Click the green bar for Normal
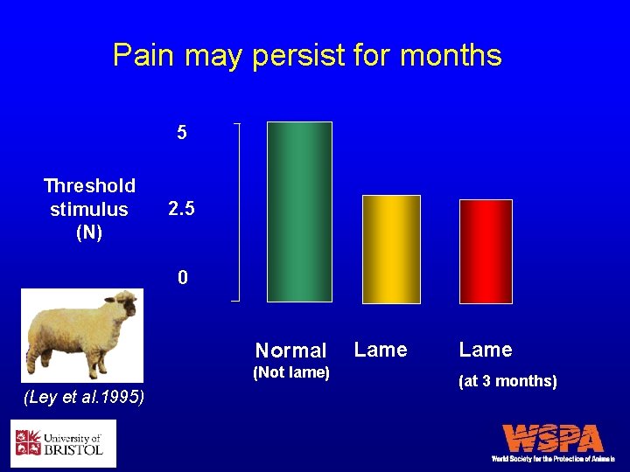coord(299,212)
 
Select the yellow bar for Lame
coord(391,249)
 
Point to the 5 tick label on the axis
coord(181,133)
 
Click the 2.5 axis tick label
coord(181,210)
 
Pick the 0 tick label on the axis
coord(182,278)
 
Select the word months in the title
coord(451,56)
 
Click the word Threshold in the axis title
coord(89,185)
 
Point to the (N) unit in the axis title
coord(89,233)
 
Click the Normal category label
coord(290,351)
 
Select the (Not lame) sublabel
coord(290,373)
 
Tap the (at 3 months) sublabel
coord(507,381)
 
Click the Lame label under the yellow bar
coord(381,350)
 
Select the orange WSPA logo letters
coord(553,438)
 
